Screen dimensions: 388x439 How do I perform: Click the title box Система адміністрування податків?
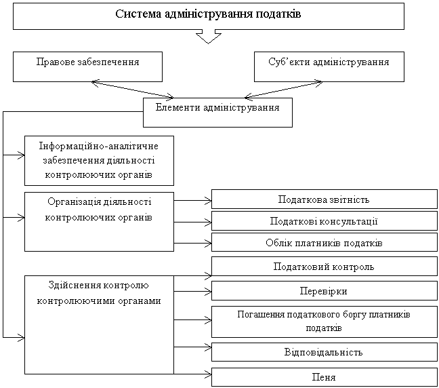[x=209, y=16]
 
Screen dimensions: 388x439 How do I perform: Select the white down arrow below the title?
[x=209, y=36]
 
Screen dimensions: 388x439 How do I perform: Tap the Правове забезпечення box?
[x=87, y=66]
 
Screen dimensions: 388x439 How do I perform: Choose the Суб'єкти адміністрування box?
[x=329, y=66]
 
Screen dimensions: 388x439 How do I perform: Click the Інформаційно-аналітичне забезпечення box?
[x=99, y=160]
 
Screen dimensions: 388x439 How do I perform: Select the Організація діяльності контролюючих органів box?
[x=99, y=221]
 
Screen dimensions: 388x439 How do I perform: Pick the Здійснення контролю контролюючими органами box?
[x=99, y=324]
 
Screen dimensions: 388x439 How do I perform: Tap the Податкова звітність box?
[x=325, y=199]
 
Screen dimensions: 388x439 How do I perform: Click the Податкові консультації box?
[x=325, y=221]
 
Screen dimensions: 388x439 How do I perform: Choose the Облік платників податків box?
[x=325, y=242]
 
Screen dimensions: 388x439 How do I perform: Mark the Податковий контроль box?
[x=325, y=267]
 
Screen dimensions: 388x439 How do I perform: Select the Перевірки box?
[x=325, y=290]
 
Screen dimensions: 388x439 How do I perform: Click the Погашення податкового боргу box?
[x=325, y=322]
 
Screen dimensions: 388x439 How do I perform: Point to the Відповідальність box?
[x=325, y=352]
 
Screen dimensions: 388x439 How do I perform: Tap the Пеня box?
[x=325, y=376]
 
